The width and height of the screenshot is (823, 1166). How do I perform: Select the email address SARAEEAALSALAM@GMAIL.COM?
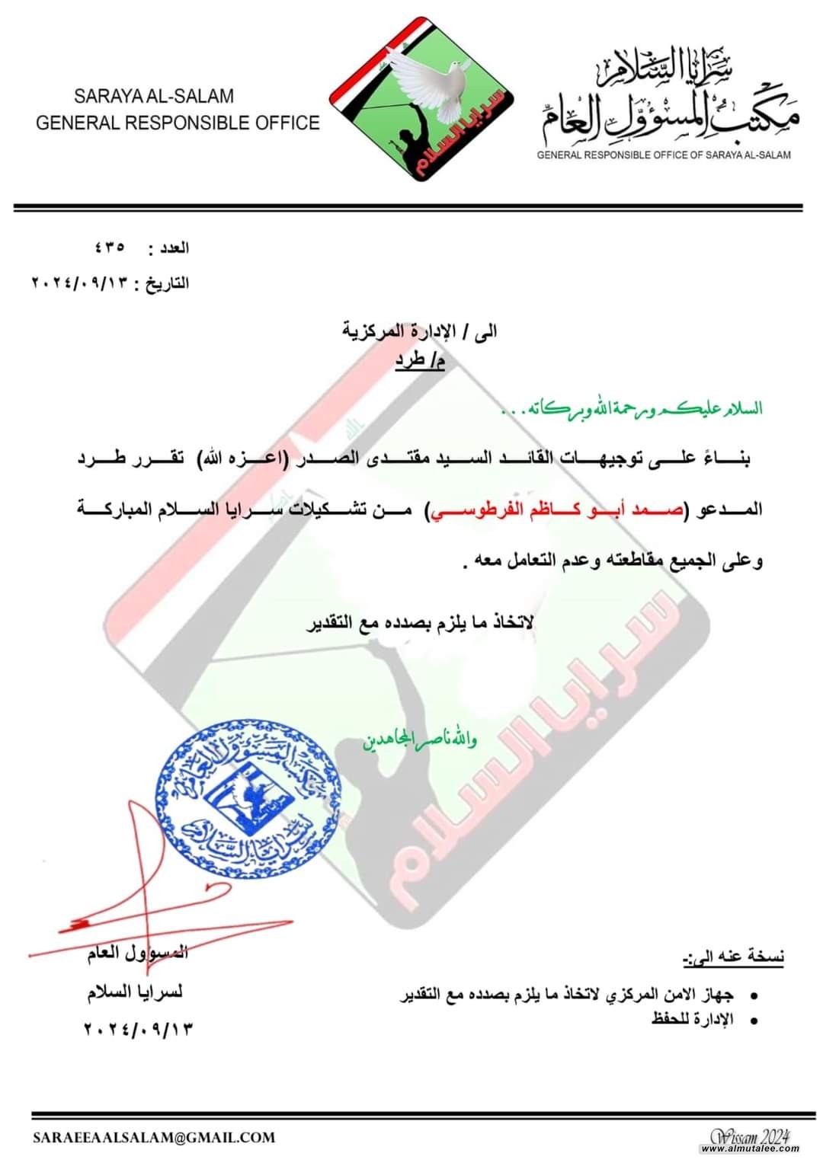(x=153, y=1138)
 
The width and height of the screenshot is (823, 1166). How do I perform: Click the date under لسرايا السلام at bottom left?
(x=136, y=1028)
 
